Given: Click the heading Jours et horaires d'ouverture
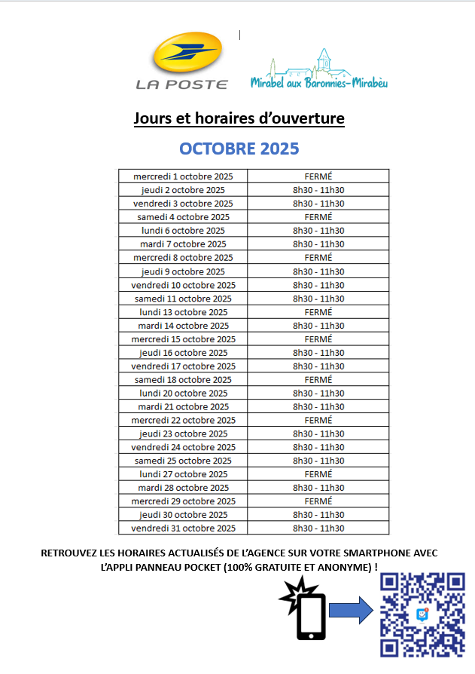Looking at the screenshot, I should pos(239,119).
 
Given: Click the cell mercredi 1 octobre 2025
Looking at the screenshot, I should pos(183,176).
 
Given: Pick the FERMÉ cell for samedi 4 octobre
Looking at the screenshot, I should pos(318,217).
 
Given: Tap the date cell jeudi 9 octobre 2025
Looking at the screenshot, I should pos(183,271).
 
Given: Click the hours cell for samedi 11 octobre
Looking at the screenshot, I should pos(318,299).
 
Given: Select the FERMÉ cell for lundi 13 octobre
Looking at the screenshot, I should pos(318,312).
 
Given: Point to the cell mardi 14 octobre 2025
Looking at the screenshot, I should pos(183,326).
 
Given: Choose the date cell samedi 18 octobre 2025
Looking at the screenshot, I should pos(183,380).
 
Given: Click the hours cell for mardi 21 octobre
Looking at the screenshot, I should pos(318,407).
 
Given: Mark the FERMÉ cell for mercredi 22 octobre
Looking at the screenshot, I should pos(318,420).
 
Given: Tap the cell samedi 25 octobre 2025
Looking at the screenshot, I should pos(183,461).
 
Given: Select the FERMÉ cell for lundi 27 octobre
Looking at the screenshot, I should pos(318,474).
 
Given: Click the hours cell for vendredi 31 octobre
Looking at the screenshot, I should pos(318,528).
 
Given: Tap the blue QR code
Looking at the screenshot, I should pos(422,614).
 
